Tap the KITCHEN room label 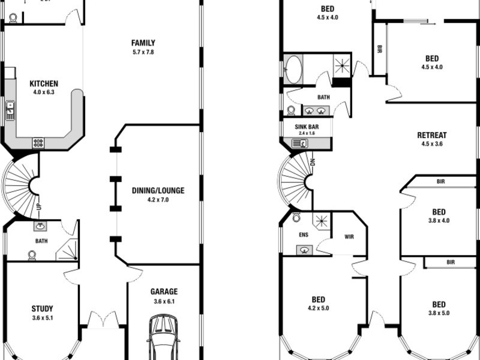point(44,83)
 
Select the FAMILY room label point(143,43)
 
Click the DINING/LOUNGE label point(158,191)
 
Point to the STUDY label point(42,309)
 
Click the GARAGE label point(163,292)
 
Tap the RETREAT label point(432,135)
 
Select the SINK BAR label point(307,127)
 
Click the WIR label point(349,236)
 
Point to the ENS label point(304,235)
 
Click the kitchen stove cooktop point(38,143)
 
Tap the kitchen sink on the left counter point(10,110)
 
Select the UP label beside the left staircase point(39,211)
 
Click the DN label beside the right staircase point(313,161)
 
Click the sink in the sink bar point(298,143)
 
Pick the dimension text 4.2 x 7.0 point(158,199)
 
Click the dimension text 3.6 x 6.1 point(163,301)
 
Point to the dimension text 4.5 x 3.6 point(432,144)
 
